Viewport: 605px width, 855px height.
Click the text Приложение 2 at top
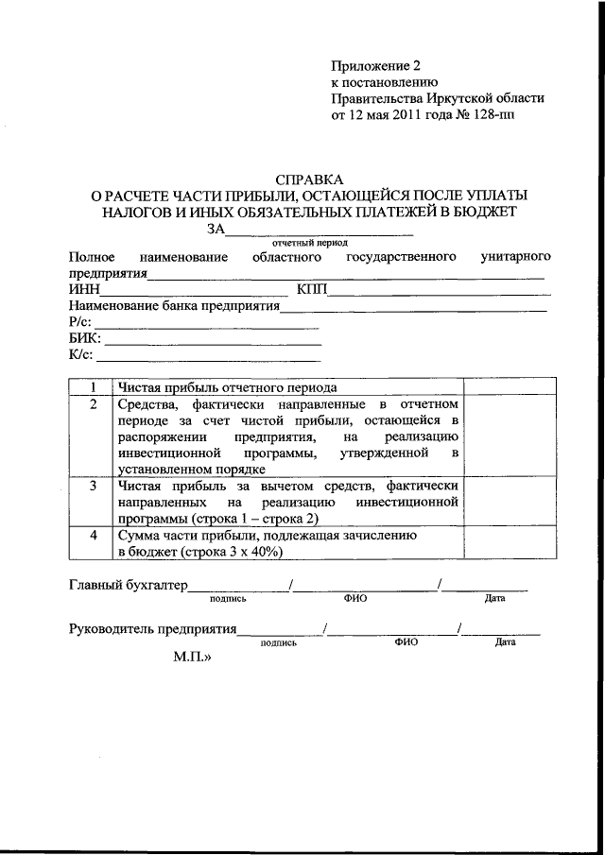tap(374, 65)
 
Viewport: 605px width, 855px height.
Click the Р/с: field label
tap(80, 323)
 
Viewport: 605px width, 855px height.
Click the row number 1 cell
tap(93, 387)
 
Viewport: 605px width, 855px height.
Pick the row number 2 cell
tap(93, 404)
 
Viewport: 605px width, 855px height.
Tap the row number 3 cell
tap(93, 486)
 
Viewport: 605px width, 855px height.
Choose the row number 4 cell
tap(93, 535)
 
